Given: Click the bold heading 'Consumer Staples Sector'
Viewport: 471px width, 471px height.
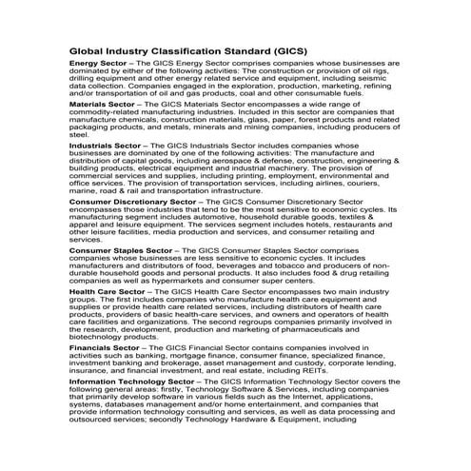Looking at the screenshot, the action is (x=121, y=248).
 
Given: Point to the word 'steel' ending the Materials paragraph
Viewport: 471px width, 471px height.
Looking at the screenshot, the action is (x=80, y=136).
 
